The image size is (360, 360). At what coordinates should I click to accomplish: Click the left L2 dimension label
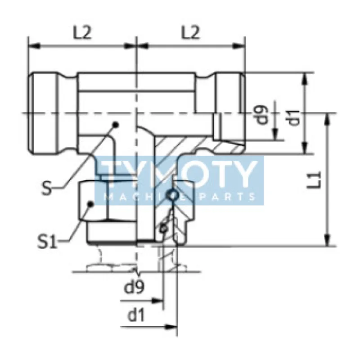coord(82,32)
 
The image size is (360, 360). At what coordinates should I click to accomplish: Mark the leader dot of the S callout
coord(115,125)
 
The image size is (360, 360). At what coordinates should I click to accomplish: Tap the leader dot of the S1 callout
coord(90,204)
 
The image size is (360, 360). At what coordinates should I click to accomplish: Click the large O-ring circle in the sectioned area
coord(171,194)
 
